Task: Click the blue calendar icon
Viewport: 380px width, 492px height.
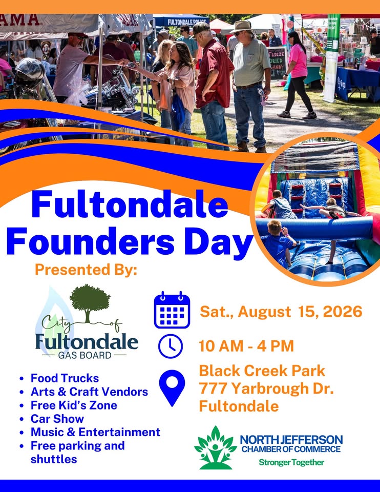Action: click(x=172, y=310)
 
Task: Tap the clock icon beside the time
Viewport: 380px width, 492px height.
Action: click(x=170, y=346)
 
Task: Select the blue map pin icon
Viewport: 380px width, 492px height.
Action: click(x=172, y=388)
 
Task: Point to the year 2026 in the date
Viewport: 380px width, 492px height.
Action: click(x=343, y=311)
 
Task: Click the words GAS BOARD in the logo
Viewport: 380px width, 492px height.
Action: click(x=85, y=355)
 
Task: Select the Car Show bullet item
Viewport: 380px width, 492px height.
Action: click(x=57, y=419)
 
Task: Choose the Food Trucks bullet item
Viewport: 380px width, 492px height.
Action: click(x=65, y=378)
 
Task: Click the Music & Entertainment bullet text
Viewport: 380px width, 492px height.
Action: click(x=95, y=432)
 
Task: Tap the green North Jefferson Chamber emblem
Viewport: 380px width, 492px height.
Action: click(x=216, y=447)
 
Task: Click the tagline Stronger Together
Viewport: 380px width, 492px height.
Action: click(x=291, y=462)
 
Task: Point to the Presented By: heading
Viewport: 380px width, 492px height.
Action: click(x=86, y=270)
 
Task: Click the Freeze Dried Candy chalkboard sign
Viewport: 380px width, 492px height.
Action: click(x=277, y=63)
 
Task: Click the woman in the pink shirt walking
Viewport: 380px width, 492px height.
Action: click(x=298, y=74)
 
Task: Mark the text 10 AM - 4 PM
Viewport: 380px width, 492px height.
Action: click(x=246, y=346)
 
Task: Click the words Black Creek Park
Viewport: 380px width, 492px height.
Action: click(x=262, y=371)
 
